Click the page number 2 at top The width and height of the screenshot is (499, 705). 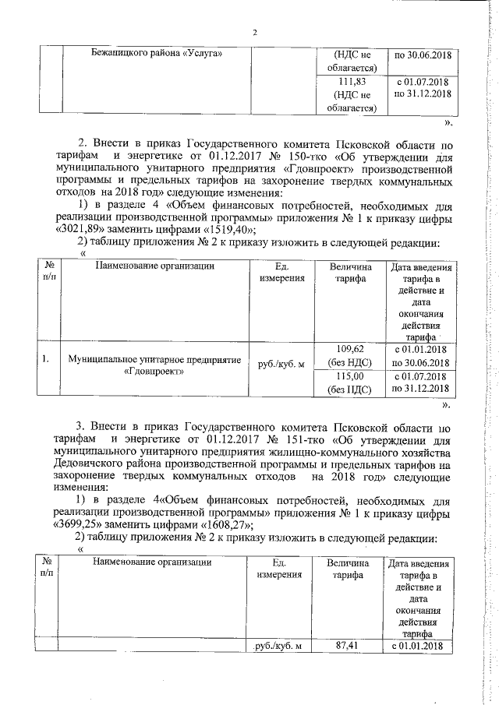(255, 32)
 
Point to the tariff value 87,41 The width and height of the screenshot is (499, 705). (348, 646)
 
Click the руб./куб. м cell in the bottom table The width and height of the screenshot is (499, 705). (279, 647)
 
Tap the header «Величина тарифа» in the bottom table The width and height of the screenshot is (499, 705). (348, 567)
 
